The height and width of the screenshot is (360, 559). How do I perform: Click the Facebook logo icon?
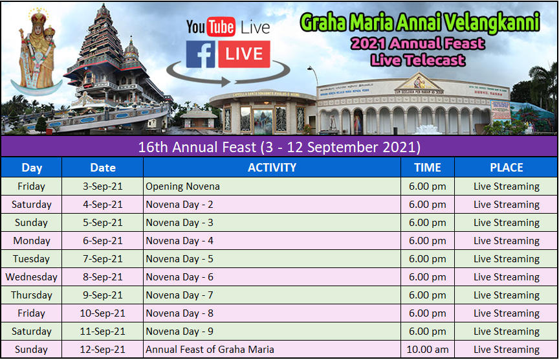click(201, 54)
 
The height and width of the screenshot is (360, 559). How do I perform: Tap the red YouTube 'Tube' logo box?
click(221, 27)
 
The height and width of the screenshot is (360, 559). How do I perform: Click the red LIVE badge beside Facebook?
click(244, 54)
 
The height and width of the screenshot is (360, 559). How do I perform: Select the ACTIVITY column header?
click(272, 167)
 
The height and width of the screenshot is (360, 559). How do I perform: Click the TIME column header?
click(428, 167)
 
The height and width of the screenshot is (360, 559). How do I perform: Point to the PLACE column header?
click(506, 167)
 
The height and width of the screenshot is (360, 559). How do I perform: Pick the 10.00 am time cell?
click(428, 349)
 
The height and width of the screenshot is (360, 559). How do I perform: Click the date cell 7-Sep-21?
click(103, 259)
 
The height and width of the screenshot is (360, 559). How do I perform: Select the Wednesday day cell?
click(31, 277)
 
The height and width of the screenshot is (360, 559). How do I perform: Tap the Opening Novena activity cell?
click(272, 186)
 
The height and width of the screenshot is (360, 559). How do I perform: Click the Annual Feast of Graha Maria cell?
click(272, 349)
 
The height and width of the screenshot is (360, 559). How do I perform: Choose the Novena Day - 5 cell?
click(272, 259)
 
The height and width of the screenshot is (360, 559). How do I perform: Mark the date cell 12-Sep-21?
click(103, 349)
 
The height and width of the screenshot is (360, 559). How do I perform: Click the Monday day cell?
click(31, 240)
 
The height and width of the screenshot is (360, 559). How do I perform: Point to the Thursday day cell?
click(31, 295)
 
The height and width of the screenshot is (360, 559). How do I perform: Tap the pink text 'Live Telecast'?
click(418, 60)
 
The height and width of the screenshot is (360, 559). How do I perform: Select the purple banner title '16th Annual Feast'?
click(197, 147)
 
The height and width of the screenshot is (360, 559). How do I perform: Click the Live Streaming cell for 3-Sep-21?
click(506, 186)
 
